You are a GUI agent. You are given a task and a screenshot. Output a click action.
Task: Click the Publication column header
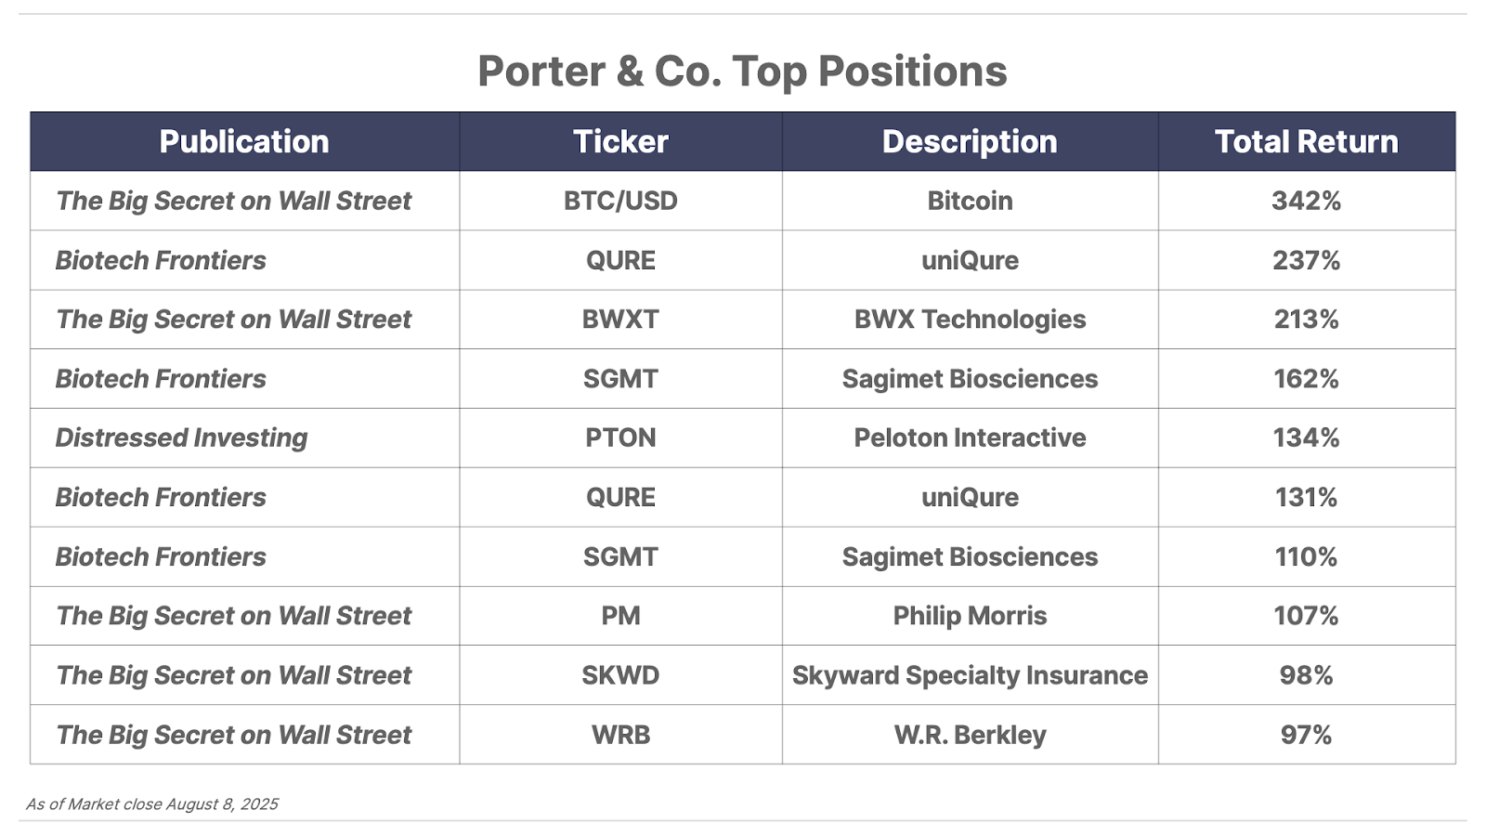[244, 141]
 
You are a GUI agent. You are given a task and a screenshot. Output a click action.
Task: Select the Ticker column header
[620, 141]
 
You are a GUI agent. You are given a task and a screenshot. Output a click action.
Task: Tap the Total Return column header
[1306, 141]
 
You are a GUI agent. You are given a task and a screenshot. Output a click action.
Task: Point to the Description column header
[970, 141]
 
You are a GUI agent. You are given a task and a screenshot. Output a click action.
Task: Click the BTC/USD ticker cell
[620, 201]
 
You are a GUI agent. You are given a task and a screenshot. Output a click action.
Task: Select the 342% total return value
[1306, 201]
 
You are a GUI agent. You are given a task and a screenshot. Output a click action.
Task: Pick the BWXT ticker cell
[620, 320]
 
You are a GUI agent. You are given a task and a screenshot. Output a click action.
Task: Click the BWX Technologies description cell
[970, 320]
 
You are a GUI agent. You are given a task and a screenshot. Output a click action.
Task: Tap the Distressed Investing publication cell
[181, 438]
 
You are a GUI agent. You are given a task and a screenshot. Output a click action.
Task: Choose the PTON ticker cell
[620, 438]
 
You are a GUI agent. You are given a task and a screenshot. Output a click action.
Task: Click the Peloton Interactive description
[970, 438]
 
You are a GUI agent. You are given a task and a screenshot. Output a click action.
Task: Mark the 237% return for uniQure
[1306, 260]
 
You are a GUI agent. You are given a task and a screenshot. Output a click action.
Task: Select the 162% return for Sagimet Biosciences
[1306, 379]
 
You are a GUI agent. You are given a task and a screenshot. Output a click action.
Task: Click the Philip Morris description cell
[970, 616]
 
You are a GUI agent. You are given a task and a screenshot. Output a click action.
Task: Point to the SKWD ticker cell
[620, 675]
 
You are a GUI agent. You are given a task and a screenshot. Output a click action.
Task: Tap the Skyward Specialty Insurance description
[970, 675]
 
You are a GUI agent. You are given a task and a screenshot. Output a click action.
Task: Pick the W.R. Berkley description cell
[970, 735]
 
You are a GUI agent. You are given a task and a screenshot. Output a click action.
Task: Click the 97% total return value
[1306, 735]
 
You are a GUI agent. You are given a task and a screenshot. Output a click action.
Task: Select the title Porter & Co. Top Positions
[742, 71]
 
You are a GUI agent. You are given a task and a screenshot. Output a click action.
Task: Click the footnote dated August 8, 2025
[152, 804]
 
